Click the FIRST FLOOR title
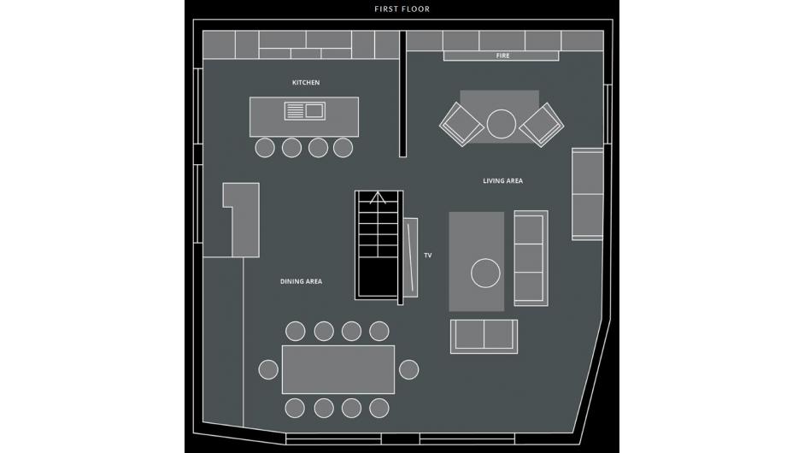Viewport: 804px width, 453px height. click(x=402, y=9)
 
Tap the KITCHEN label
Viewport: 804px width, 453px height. click(x=306, y=83)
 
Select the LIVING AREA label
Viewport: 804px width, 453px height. click(x=502, y=180)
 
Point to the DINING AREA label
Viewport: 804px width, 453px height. click(x=301, y=281)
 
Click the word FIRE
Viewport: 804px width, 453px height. click(x=502, y=56)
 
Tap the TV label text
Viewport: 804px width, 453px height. click(x=428, y=255)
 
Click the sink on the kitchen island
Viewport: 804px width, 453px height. click(x=305, y=111)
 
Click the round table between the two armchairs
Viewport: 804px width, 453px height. click(x=501, y=124)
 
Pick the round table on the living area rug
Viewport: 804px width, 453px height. click(x=485, y=273)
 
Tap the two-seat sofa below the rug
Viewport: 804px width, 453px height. click(x=484, y=337)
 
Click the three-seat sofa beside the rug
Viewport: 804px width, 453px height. click(x=531, y=258)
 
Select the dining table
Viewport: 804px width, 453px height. click(x=338, y=369)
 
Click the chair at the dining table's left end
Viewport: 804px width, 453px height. click(x=268, y=369)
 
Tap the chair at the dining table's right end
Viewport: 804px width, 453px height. click(x=408, y=369)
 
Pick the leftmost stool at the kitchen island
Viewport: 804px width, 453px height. click(x=265, y=148)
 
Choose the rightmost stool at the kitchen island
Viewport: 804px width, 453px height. click(x=343, y=148)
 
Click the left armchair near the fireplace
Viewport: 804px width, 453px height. click(x=462, y=124)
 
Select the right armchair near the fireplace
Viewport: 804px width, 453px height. click(x=542, y=125)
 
